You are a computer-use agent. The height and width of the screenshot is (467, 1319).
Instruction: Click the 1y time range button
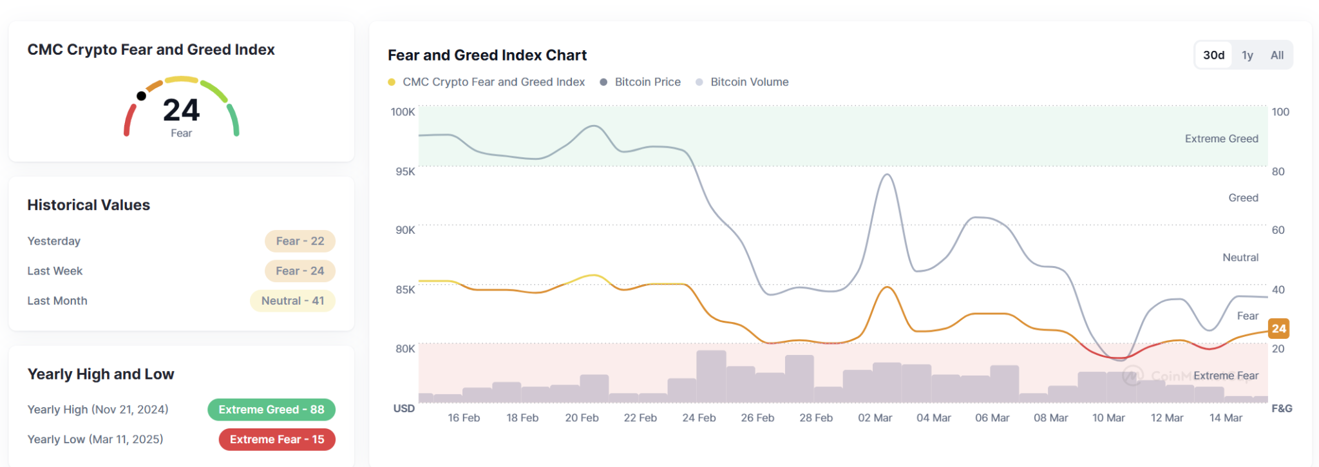tap(1248, 55)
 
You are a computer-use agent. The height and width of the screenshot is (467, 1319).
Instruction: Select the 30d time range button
tap(1214, 55)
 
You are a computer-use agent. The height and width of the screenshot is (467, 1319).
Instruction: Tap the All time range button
tap(1277, 55)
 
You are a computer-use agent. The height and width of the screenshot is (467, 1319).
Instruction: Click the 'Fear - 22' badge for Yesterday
tap(300, 241)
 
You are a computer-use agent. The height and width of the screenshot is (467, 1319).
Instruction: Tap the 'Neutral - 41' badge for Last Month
tap(292, 301)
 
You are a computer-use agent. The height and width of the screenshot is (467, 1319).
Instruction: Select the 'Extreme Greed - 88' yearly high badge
tap(271, 410)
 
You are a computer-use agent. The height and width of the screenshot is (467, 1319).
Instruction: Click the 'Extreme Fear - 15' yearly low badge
tap(277, 439)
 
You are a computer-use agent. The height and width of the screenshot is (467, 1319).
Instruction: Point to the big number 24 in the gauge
tap(182, 110)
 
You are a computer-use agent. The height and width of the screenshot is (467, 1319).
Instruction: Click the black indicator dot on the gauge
tap(141, 96)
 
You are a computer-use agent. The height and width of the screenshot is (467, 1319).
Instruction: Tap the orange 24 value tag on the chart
tap(1278, 329)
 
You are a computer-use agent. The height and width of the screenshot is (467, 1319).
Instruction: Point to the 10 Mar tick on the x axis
tap(1108, 418)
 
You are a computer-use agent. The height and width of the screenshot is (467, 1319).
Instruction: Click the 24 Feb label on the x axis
tap(699, 418)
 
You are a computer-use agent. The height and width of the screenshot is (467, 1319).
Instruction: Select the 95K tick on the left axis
tap(406, 171)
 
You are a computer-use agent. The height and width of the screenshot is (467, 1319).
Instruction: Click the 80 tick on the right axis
tap(1278, 171)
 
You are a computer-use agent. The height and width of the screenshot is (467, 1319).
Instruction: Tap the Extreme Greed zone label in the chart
tap(1221, 138)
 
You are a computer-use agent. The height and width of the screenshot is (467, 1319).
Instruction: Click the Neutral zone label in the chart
tap(1240, 258)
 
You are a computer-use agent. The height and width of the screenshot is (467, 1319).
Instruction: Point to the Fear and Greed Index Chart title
tap(487, 55)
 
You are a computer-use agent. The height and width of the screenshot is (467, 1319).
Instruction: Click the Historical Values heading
tap(89, 205)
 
